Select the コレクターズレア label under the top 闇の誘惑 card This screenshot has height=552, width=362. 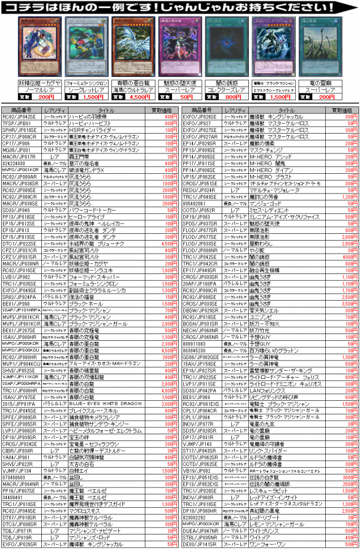tap(226, 89)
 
